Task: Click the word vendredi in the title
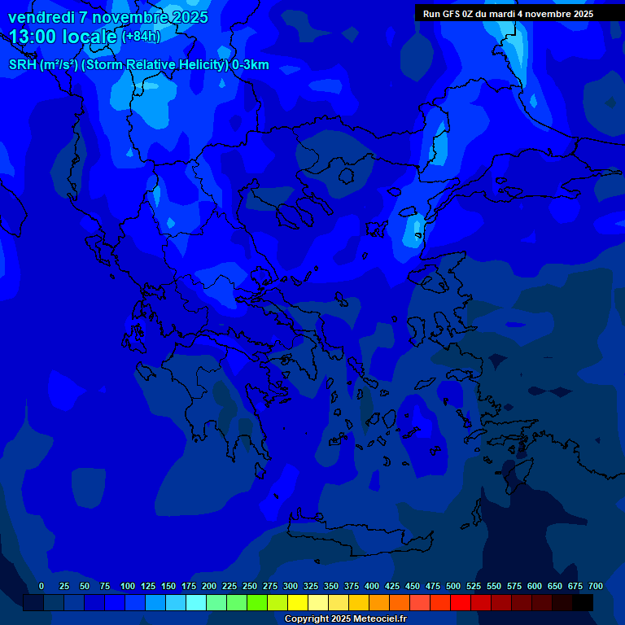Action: [41, 17]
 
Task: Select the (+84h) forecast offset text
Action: [141, 37]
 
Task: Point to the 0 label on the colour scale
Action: [42, 586]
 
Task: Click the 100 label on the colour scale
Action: [127, 586]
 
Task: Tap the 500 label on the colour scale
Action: [453, 586]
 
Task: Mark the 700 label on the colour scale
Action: [596, 586]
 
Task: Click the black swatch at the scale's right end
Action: [583, 602]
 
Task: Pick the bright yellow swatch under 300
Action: [298, 602]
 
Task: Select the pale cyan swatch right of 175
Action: [196, 602]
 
